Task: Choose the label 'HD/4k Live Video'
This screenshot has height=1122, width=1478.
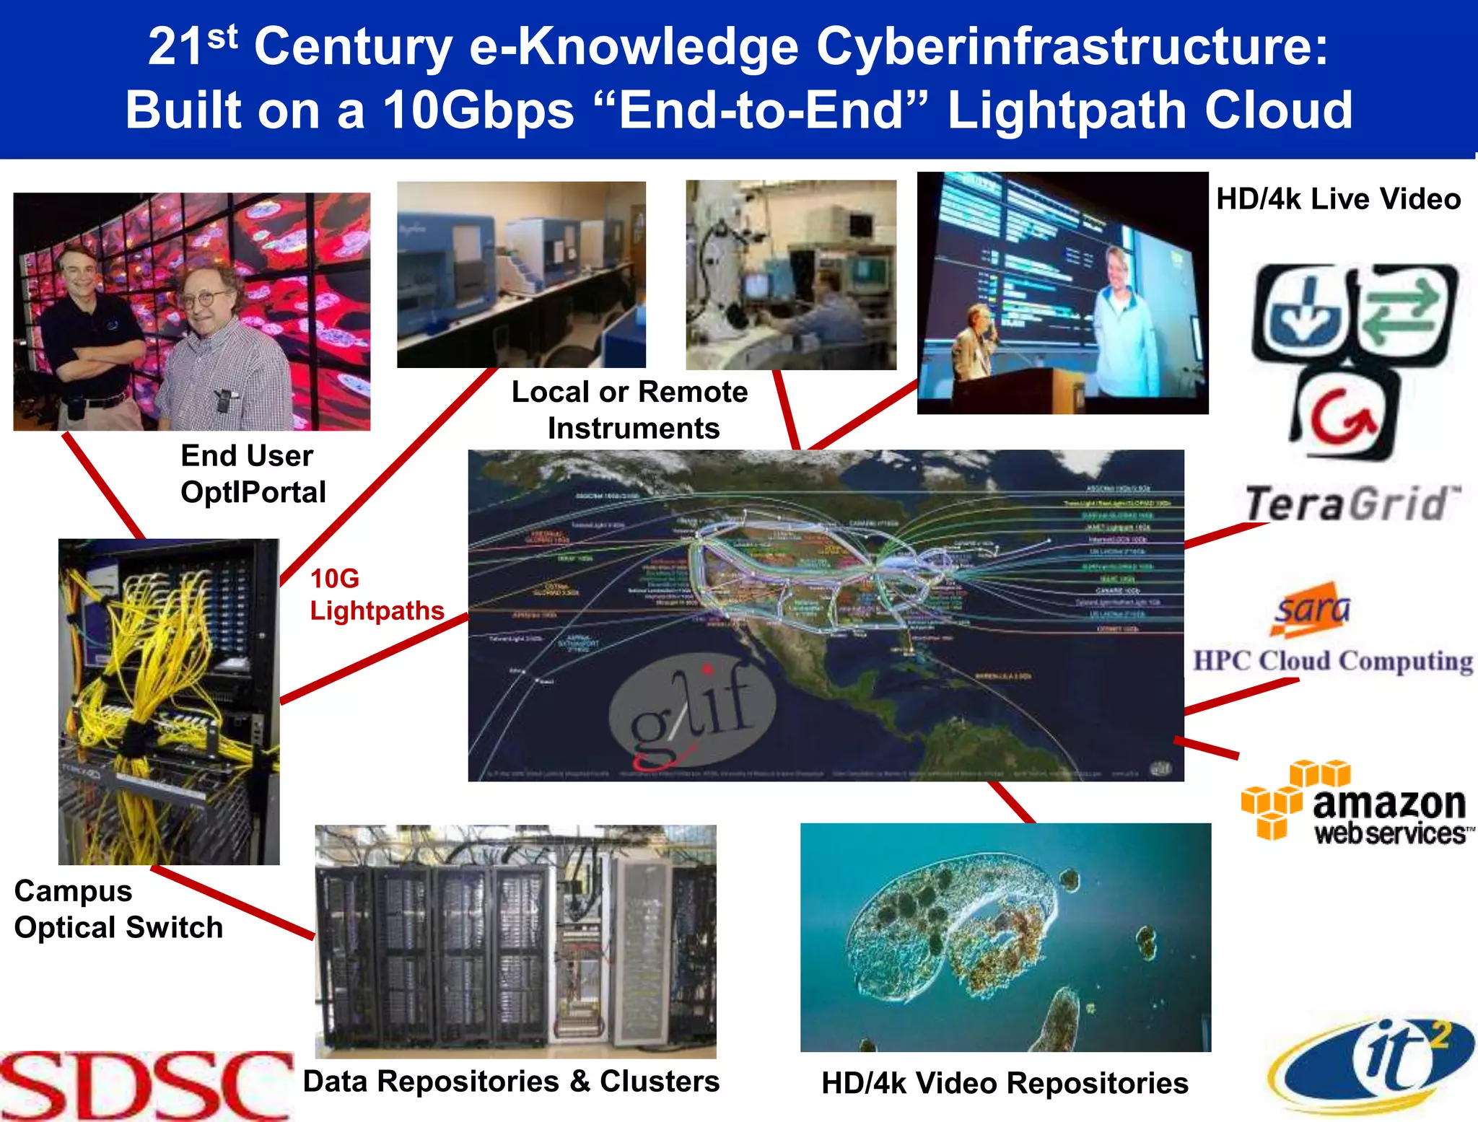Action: (1338, 198)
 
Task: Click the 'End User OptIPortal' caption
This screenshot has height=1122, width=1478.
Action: (253, 474)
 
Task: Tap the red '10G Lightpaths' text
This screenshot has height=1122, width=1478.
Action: (376, 595)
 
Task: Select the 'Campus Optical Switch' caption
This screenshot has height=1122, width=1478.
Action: (118, 909)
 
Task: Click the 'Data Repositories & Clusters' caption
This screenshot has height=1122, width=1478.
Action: (511, 1081)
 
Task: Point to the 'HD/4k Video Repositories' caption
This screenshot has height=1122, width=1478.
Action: (1005, 1083)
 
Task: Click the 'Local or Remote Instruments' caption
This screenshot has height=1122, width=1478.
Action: (630, 410)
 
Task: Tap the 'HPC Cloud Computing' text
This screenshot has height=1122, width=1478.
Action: (1332, 661)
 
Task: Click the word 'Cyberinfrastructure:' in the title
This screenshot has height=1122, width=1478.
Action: (1072, 47)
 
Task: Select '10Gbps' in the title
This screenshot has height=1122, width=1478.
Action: (478, 110)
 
